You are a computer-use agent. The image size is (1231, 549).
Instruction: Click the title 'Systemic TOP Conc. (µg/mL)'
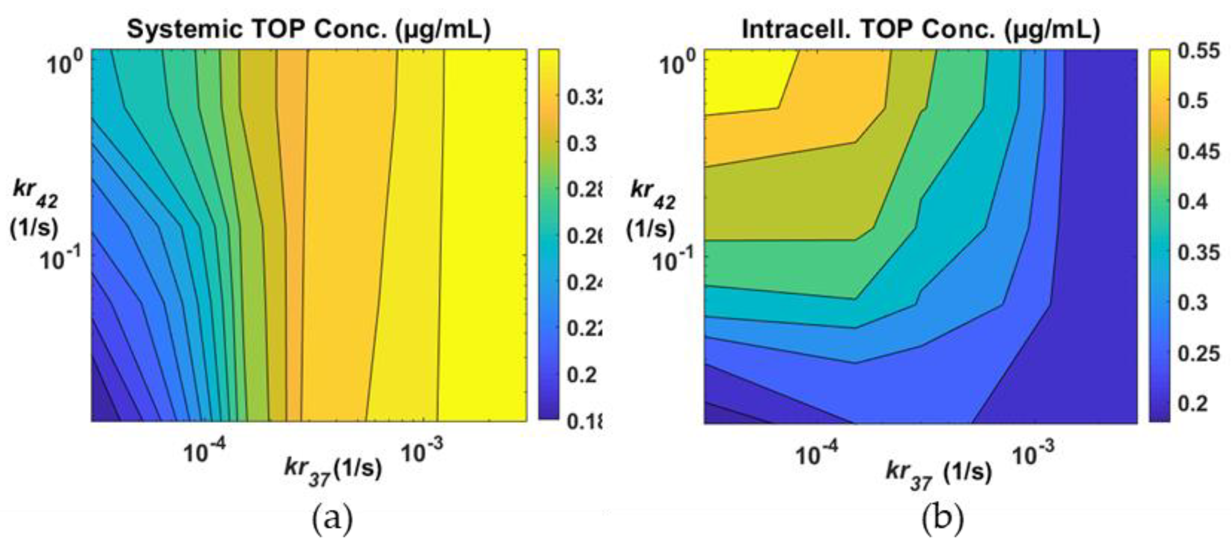tap(309, 30)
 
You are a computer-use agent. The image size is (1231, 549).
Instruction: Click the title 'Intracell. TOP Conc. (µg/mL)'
tap(921, 30)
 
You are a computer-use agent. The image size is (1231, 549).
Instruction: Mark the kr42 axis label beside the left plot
tap(35, 208)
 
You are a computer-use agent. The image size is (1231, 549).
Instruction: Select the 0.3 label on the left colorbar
tap(582, 144)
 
